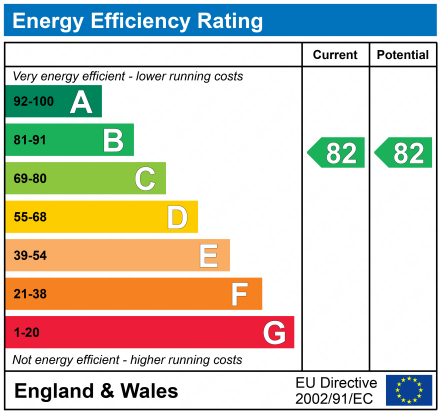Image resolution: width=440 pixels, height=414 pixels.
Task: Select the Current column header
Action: (335, 55)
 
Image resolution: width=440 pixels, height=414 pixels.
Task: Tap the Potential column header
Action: (402, 55)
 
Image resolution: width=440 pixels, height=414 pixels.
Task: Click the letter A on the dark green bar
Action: (80, 102)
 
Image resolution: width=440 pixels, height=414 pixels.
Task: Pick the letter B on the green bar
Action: (113, 141)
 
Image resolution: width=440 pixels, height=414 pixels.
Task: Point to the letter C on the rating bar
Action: (145, 179)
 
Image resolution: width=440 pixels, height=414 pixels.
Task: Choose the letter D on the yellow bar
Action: (177, 217)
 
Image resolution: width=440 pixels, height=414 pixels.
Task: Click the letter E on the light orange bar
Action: (208, 256)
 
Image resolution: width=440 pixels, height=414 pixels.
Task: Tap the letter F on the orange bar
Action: (240, 294)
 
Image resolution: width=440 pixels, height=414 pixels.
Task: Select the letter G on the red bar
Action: (273, 332)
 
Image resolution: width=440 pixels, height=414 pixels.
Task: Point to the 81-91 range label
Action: (29, 141)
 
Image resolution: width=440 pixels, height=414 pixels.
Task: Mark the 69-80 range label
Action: (29, 179)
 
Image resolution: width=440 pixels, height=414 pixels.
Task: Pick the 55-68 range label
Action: (29, 217)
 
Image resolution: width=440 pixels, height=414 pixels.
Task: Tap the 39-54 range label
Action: (29, 256)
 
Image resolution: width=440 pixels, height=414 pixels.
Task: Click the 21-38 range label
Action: (29, 294)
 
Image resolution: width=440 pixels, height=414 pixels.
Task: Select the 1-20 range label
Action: (25, 332)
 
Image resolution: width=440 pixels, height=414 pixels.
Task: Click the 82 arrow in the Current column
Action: (336, 153)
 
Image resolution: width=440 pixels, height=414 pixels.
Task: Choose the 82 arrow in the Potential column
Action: (404, 153)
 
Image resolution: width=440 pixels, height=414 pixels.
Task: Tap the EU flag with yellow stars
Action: (408, 390)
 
